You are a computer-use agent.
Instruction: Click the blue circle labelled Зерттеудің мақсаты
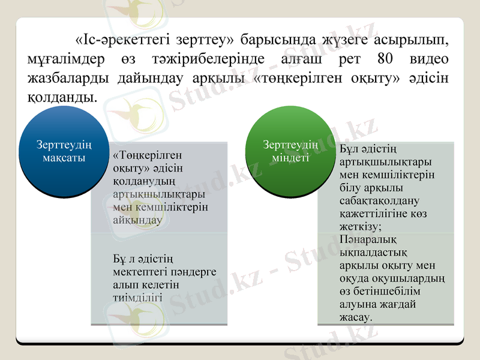click(x=64, y=153)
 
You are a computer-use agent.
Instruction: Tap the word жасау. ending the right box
click(x=356, y=316)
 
